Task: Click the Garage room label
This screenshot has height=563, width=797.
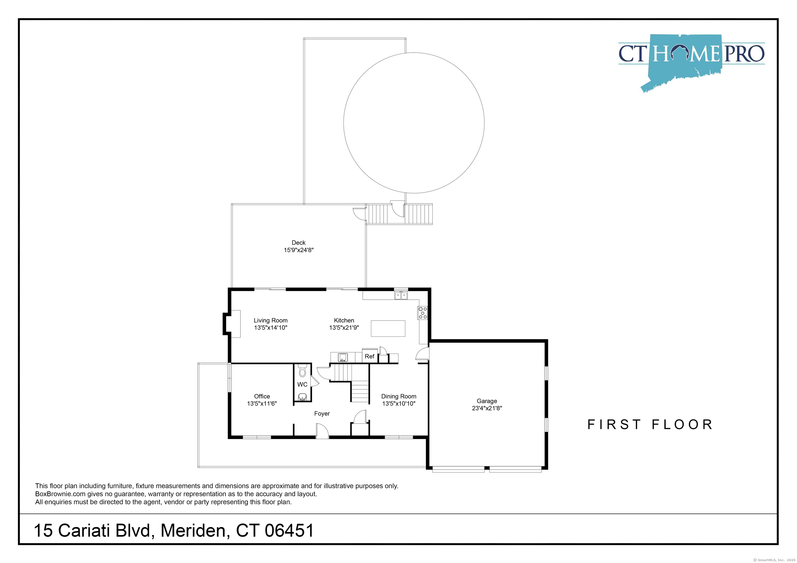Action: (x=487, y=401)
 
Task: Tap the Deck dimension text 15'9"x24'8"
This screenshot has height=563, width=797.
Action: (x=299, y=250)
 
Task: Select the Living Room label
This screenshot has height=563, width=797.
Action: (x=270, y=321)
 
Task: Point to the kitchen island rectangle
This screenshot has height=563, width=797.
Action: (x=388, y=328)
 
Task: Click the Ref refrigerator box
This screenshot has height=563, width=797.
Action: (x=369, y=356)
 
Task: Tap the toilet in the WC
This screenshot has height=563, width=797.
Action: (x=302, y=371)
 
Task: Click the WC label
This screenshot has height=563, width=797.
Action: (x=302, y=384)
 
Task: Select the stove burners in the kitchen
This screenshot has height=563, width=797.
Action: (x=422, y=313)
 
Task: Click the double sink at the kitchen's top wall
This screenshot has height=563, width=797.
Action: (x=401, y=295)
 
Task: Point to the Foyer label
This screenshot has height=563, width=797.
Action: (x=322, y=413)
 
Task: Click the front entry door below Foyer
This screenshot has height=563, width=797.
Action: (x=322, y=432)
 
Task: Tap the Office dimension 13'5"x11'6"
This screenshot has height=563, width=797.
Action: (x=262, y=403)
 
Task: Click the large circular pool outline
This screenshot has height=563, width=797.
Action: (x=344, y=123)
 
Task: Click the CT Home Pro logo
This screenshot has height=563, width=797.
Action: (x=691, y=62)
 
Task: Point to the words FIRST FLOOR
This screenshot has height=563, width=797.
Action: (x=650, y=424)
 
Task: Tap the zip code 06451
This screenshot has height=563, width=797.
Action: (x=290, y=530)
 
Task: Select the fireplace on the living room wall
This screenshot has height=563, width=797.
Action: (x=231, y=324)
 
